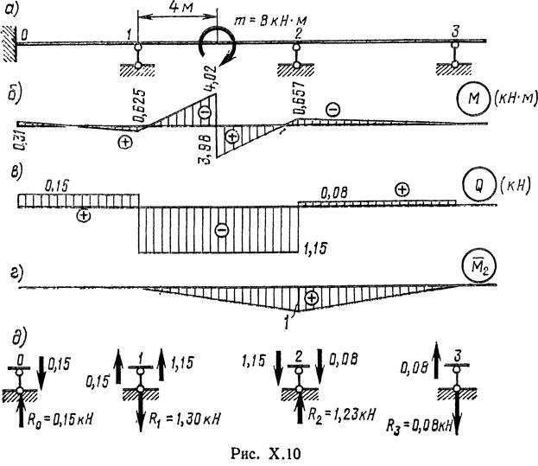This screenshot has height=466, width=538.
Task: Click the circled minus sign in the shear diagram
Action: pyautogui.click(x=221, y=231)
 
